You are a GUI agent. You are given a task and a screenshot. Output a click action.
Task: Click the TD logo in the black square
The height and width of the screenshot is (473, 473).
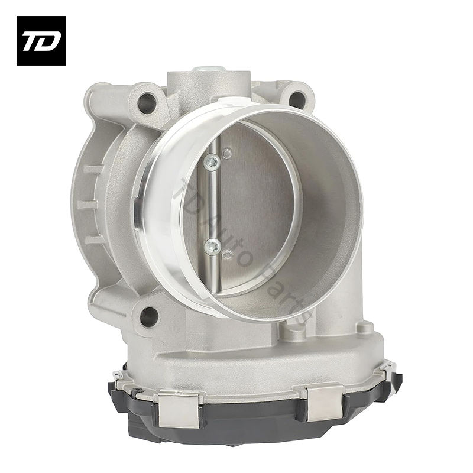[x=41, y=40]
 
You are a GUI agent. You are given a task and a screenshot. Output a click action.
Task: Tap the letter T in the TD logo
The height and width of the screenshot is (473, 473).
[x=33, y=41]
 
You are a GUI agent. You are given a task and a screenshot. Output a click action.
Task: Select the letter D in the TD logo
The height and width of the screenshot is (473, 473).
[x=48, y=41]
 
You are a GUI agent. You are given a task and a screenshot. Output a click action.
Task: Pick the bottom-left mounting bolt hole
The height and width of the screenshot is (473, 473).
[x=150, y=317]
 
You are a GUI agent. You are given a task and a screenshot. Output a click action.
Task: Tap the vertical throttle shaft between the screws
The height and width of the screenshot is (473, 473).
[x=213, y=201]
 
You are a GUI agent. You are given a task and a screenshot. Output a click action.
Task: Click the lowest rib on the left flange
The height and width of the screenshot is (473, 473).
[x=95, y=239]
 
